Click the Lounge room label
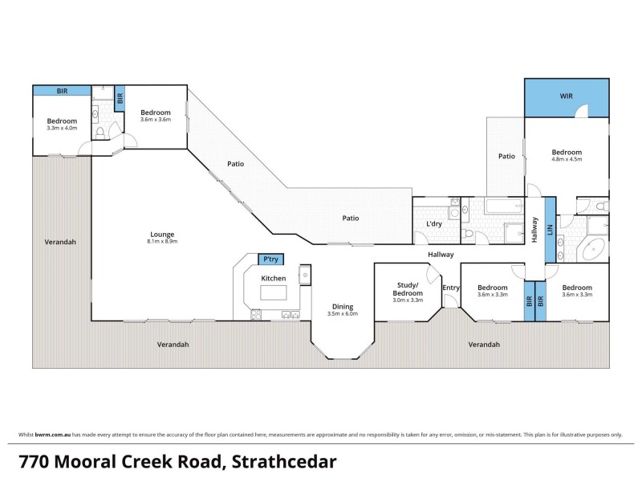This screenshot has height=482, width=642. coord(161,234)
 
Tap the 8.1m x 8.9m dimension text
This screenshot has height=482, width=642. coord(161,241)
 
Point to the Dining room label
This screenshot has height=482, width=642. coord(343,306)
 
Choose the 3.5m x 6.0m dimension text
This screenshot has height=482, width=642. coord(343,313)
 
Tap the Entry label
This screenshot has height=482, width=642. coord(451,288)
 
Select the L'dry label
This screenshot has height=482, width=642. coord(434,223)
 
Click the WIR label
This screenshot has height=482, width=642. coord(566,97)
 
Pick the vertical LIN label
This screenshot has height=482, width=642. coord(550,229)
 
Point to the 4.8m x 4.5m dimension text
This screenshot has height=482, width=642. coord(567,160)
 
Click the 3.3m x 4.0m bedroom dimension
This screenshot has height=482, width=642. coord(60,128)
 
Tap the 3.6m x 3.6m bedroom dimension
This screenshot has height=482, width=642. coord(156,120)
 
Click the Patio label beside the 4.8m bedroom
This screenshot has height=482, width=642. coord(506,156)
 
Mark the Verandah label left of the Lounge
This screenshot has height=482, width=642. coord(61,241)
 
